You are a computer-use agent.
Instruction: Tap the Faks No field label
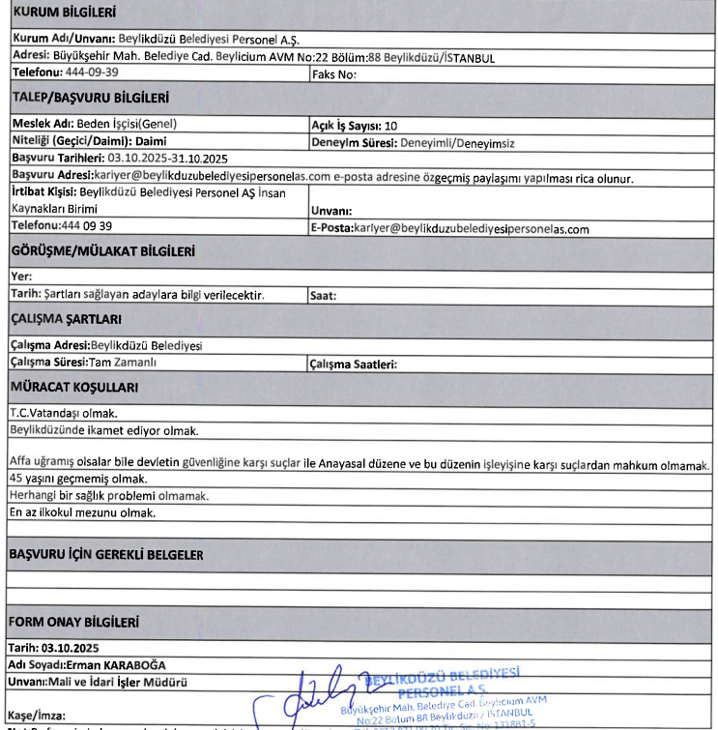click(335, 73)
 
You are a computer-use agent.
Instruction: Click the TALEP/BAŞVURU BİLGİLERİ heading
click(89, 98)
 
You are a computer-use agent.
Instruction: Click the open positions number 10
click(390, 126)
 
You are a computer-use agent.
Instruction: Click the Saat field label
click(323, 296)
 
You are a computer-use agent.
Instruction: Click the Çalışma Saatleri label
click(353, 365)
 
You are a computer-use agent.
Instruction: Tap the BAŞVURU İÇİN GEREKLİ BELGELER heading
click(105, 555)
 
